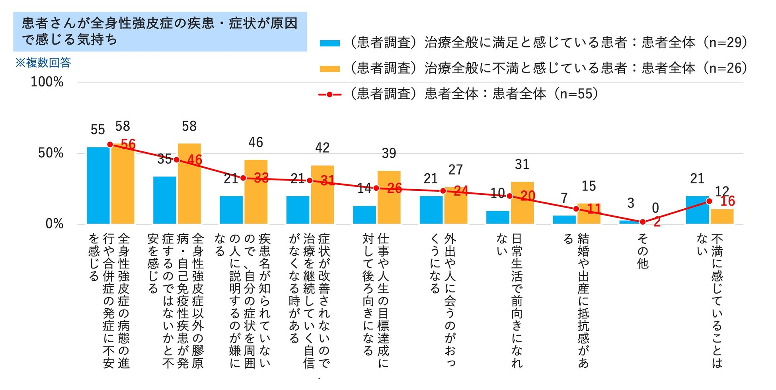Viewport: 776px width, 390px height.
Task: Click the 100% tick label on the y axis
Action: [x=47, y=82]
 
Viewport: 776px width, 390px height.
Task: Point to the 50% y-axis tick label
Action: [x=51, y=153]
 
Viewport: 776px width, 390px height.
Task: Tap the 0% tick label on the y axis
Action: [x=55, y=223]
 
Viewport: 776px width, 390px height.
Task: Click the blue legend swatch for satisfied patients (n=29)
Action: [x=330, y=43]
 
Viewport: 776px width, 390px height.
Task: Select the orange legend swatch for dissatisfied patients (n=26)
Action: [x=330, y=69]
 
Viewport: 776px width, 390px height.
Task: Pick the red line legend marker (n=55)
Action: [x=330, y=94]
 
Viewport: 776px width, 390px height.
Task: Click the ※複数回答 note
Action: [x=43, y=63]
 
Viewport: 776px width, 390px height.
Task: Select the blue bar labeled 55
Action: [x=98, y=185]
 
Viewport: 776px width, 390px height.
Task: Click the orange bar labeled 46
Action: [x=256, y=192]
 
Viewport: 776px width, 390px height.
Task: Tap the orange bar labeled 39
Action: [x=389, y=198]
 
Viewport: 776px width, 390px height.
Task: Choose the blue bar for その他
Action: [x=631, y=222]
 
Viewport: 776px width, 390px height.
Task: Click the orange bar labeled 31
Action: [x=522, y=203]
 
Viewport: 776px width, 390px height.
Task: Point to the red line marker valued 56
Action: [x=110, y=145]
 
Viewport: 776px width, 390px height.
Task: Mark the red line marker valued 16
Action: [x=709, y=201]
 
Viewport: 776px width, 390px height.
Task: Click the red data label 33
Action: [x=261, y=178]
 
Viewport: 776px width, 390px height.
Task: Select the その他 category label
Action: [x=643, y=251]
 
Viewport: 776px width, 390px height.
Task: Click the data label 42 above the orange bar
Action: [x=322, y=148]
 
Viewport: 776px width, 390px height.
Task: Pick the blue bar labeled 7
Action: [x=564, y=219]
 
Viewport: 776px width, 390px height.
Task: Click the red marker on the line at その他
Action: [x=642, y=222]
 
